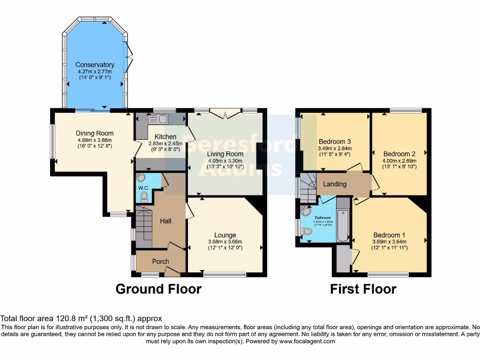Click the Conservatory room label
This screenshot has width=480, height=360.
click(95, 65)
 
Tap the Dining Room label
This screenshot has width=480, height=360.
click(95, 133)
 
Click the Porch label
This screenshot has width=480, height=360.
click(160, 261)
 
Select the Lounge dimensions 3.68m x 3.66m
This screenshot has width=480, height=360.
click(225, 242)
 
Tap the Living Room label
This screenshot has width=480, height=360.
click(225, 154)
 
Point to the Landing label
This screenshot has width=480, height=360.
click(335, 184)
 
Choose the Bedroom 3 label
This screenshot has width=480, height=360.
click(335, 141)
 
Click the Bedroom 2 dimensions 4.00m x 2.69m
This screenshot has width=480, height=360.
click(399, 160)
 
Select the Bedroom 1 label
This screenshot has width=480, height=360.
click(389, 235)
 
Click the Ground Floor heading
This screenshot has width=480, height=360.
click(158, 289)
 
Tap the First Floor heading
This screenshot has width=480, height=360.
click(363, 289)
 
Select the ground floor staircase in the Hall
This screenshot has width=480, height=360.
click(144, 224)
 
